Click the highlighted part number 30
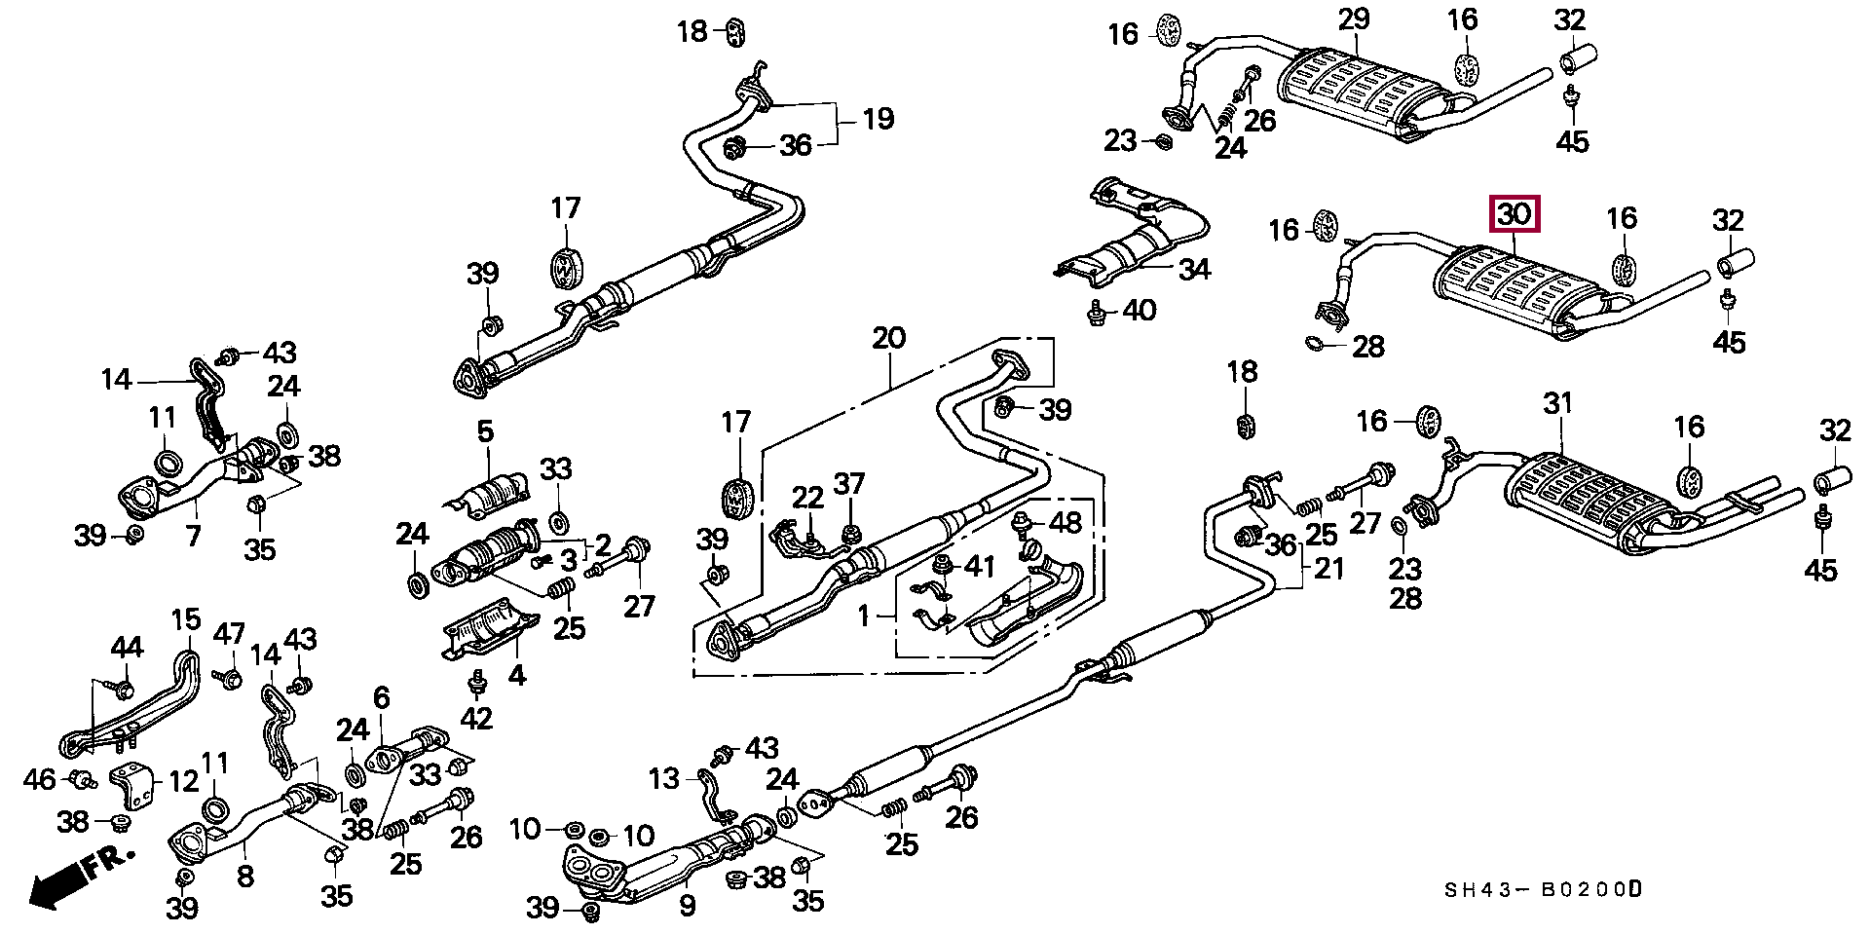1515,214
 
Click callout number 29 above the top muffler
1353,19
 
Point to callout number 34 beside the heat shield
1193,269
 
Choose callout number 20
888,339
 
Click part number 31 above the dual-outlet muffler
1558,401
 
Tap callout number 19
877,120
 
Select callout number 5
485,430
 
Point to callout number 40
1139,311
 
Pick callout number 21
1328,568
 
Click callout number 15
185,619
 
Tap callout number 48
1066,524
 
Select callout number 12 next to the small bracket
183,780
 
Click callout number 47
230,634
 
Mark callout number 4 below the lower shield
516,674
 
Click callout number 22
807,498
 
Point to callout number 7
193,535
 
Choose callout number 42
476,718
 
